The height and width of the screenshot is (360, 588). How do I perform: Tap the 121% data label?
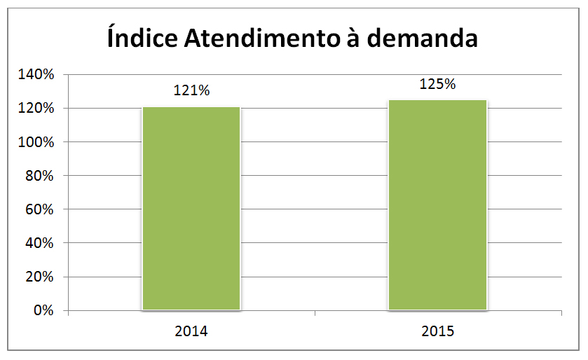tap(191, 90)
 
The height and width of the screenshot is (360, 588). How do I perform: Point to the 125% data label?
tap(437, 84)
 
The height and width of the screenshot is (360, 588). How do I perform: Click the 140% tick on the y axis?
tap(36, 74)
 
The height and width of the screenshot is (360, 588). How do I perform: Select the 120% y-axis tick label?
tap(36, 109)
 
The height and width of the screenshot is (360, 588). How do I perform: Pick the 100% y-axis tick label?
tap(36, 142)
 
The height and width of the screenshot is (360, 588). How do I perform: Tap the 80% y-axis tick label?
tap(39, 176)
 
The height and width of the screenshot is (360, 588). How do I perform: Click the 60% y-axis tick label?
tap(39, 209)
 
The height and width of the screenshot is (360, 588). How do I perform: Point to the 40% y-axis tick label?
tap(39, 243)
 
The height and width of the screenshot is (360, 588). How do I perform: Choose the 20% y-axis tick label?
tap(39, 277)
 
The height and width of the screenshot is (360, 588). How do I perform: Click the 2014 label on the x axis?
tap(191, 331)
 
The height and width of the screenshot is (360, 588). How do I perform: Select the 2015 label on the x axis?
tap(437, 331)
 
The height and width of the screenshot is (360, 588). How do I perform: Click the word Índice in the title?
tap(142, 38)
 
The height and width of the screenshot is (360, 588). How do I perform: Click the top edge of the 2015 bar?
tap(437, 100)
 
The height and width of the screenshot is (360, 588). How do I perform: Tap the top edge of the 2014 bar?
tap(191, 107)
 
